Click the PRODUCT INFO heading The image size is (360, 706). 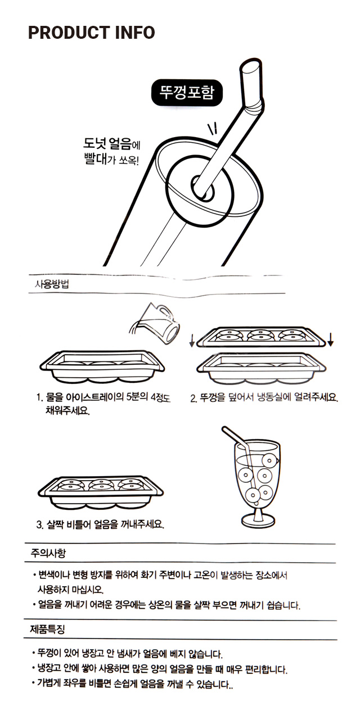pyautogui.click(x=92, y=33)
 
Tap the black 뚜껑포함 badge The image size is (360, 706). pyautogui.click(x=187, y=93)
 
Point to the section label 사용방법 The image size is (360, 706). pyautogui.click(x=52, y=284)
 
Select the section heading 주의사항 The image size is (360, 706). pyautogui.click(x=48, y=553)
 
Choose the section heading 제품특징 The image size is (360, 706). pyautogui.click(x=47, y=630)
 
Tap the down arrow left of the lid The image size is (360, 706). pyautogui.click(x=192, y=341)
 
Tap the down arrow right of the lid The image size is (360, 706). pyautogui.click(x=330, y=340)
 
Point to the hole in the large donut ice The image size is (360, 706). pyautogui.click(x=202, y=188)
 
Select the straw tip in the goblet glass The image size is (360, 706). pyautogui.click(x=224, y=429)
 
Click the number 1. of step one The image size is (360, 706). pyautogui.click(x=39, y=398)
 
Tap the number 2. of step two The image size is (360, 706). pyautogui.click(x=193, y=399)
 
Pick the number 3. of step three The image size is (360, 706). pyautogui.click(x=39, y=525)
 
